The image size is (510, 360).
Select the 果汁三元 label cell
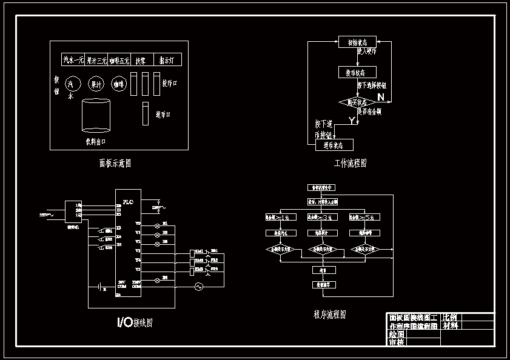(97, 60)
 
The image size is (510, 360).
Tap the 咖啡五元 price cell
(121, 60)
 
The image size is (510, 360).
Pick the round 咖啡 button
(118, 84)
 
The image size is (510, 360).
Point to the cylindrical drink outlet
(96, 115)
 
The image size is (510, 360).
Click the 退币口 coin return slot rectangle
(146, 113)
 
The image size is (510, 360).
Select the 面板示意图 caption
(115, 163)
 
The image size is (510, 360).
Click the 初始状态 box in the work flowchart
(357, 42)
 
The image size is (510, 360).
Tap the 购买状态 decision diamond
(357, 102)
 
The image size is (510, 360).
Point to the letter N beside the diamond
(381, 97)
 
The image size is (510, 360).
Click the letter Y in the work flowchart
(352, 121)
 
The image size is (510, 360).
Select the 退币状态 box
(334, 145)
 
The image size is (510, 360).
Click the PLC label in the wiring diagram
(128, 202)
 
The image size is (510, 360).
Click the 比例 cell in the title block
(450, 317)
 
